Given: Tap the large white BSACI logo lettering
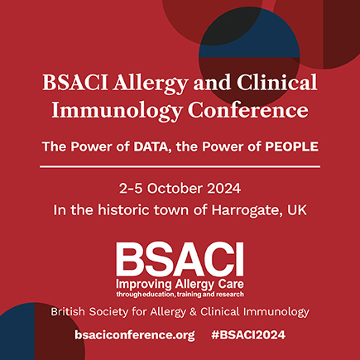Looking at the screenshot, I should [x=180, y=259].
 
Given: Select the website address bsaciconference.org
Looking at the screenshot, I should [x=134, y=335].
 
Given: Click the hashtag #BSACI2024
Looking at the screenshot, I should [x=248, y=335].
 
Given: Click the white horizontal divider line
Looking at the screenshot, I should [x=180, y=166].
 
